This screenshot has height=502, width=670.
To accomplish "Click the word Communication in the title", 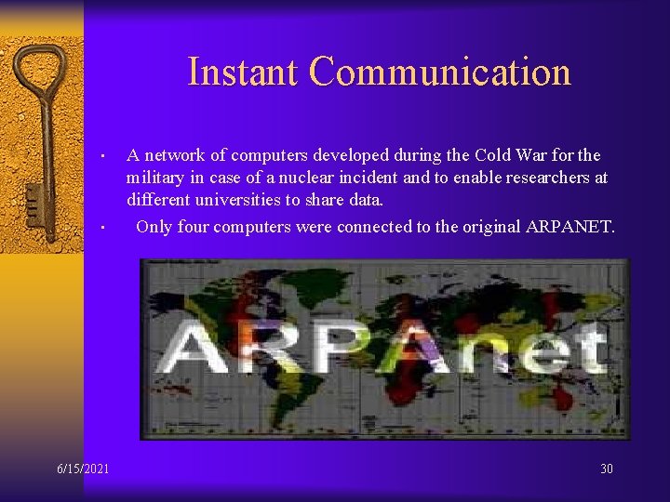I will pos(439,72).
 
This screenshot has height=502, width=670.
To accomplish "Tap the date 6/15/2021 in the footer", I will pos(83,469).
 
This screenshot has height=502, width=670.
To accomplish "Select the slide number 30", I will pos(607,469).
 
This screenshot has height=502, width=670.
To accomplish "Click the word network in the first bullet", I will pos(181,155).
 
